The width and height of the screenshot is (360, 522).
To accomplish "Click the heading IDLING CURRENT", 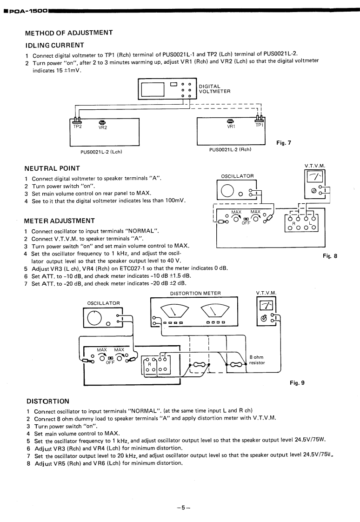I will click(54, 45).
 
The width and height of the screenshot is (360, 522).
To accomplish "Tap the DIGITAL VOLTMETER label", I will click(214, 88).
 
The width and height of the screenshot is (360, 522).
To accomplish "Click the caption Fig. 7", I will click(283, 143).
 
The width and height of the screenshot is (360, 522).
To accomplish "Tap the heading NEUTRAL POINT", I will click(53, 168).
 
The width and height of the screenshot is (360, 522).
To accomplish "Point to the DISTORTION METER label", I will click(195, 293).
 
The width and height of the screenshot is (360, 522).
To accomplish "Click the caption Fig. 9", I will click(297, 383).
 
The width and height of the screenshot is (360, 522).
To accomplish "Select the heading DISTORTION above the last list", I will click(47, 401).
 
